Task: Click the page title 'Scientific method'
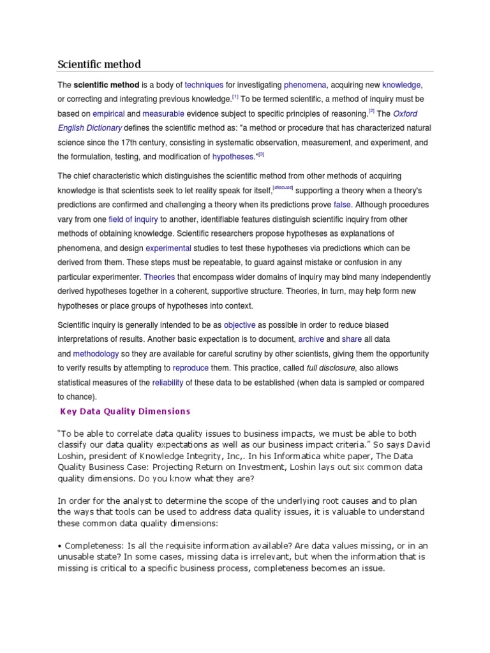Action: click(99, 64)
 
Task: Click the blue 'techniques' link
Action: click(204, 85)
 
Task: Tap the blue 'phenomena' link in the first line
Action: click(305, 85)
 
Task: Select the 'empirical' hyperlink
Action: click(108, 114)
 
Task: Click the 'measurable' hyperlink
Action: click(163, 114)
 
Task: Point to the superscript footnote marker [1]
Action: click(235, 97)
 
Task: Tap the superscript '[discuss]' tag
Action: click(283, 187)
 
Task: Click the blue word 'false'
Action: click(342, 205)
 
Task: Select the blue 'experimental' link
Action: click(168, 248)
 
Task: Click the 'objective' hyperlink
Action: click(239, 325)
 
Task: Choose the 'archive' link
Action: click(311, 339)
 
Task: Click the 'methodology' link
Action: click(96, 353)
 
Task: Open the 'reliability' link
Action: click(167, 383)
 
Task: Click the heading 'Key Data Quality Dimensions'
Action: click(126, 411)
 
